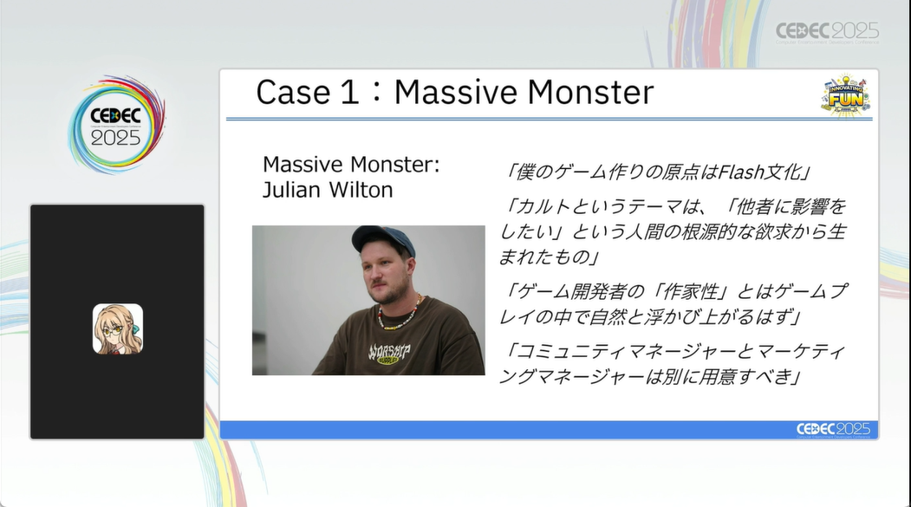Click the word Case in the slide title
tap(294, 93)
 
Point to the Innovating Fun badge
tap(845, 95)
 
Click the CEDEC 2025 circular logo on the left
tap(116, 125)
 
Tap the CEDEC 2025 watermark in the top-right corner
tap(827, 33)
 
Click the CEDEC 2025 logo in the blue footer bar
tap(833, 430)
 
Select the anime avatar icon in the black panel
tap(118, 328)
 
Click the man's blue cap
tap(383, 240)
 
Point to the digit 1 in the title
tap(349, 93)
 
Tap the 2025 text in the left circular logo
tap(115, 138)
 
